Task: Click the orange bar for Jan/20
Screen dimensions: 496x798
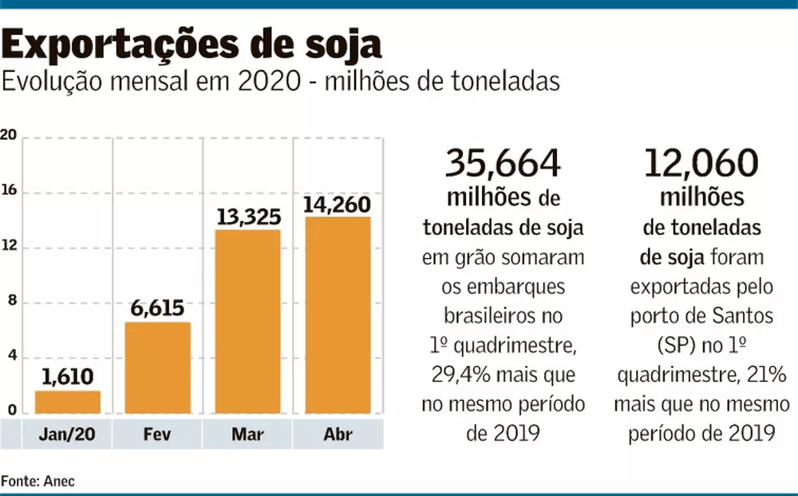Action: click(x=68, y=402)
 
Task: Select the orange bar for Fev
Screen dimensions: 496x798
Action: click(x=157, y=367)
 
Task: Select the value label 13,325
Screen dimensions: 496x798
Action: click(x=247, y=215)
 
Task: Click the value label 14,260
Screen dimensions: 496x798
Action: click(x=336, y=203)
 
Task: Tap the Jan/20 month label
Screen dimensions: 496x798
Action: click(x=67, y=435)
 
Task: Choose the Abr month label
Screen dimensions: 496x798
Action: click(x=338, y=435)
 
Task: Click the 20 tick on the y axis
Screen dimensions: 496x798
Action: click(x=9, y=135)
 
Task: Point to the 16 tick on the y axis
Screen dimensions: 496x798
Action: click(x=9, y=192)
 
